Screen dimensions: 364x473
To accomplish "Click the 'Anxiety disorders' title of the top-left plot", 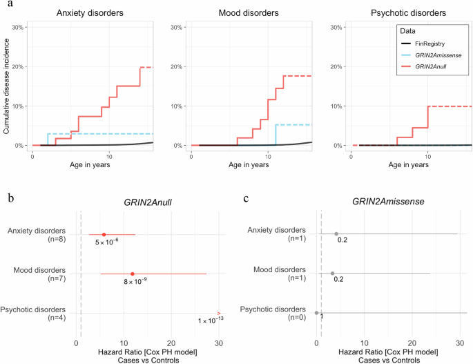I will [x=90, y=12].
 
